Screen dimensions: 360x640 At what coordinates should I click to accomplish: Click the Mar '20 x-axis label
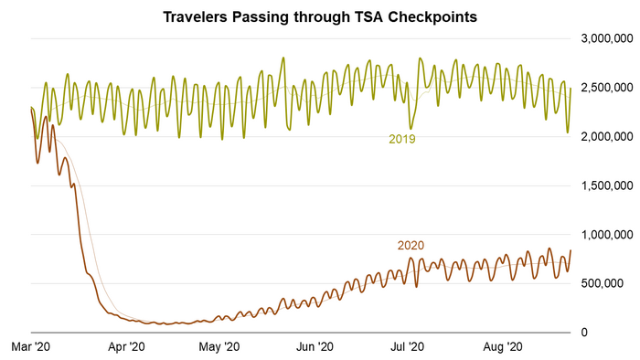32,346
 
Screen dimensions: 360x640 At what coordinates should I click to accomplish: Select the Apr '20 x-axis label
126,346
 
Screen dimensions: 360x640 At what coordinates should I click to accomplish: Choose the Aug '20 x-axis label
501,346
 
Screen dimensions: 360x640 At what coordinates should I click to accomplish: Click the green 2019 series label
403,140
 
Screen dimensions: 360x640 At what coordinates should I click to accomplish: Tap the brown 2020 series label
411,245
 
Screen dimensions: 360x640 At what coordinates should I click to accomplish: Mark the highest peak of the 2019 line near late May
283,58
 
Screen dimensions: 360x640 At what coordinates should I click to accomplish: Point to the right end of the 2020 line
571,250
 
